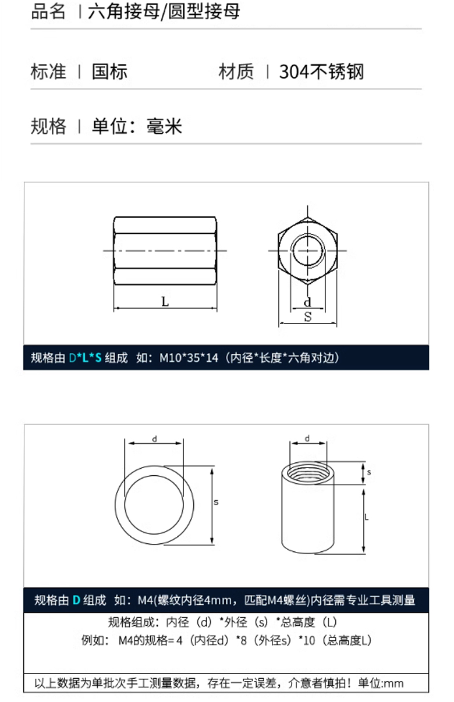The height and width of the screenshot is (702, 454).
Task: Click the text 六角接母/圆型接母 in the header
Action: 164,12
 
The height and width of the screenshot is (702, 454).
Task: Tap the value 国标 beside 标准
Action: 109,72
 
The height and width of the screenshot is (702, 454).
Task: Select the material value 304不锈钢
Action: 321,72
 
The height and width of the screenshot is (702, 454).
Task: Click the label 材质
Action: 236,72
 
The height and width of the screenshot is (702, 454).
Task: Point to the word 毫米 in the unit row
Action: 164,126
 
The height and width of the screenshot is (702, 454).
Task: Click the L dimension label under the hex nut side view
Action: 165,302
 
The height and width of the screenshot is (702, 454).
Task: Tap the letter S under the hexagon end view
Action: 308,317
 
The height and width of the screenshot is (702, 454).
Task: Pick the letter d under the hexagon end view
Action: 307,302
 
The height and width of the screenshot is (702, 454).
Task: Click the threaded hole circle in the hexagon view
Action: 307,236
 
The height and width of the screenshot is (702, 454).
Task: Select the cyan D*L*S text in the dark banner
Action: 85,358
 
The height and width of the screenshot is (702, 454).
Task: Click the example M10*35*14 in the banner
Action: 189,358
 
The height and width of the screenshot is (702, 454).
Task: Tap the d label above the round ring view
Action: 154,439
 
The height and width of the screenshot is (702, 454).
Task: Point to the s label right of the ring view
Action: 216,502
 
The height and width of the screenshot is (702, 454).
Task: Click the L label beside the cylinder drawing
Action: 367,517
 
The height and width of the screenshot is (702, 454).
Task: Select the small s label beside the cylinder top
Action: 369,472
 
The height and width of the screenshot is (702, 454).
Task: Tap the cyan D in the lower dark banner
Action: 76,600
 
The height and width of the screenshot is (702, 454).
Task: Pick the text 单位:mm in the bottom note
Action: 381,683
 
